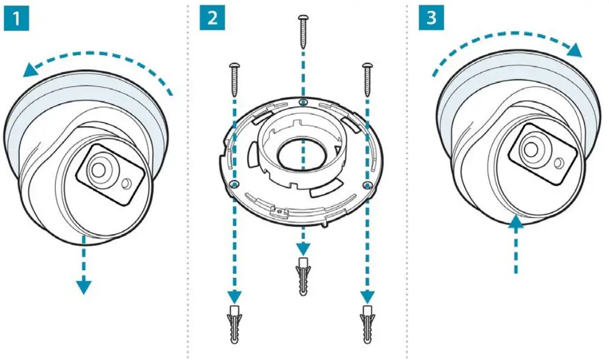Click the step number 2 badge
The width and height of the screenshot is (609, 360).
212,19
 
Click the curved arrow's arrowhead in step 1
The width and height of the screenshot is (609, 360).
29,70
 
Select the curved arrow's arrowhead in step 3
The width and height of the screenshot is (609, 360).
574,50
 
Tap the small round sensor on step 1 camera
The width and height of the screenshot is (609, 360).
125,185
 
